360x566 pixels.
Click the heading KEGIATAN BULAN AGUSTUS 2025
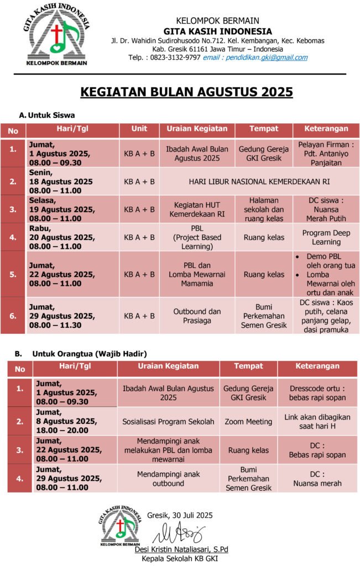[x=186, y=92]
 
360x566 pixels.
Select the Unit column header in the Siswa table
[x=139, y=129]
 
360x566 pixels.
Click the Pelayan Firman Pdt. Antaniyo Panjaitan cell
[x=326, y=153]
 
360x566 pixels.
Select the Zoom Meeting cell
[x=248, y=421]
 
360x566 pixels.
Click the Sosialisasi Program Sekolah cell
[x=168, y=421]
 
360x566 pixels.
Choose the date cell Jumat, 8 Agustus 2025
[x=67, y=421]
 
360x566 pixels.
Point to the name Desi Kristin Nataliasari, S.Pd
[x=181, y=549]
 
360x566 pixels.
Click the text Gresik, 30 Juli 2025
[x=180, y=515]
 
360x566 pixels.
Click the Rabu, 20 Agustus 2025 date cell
[x=61, y=237]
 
